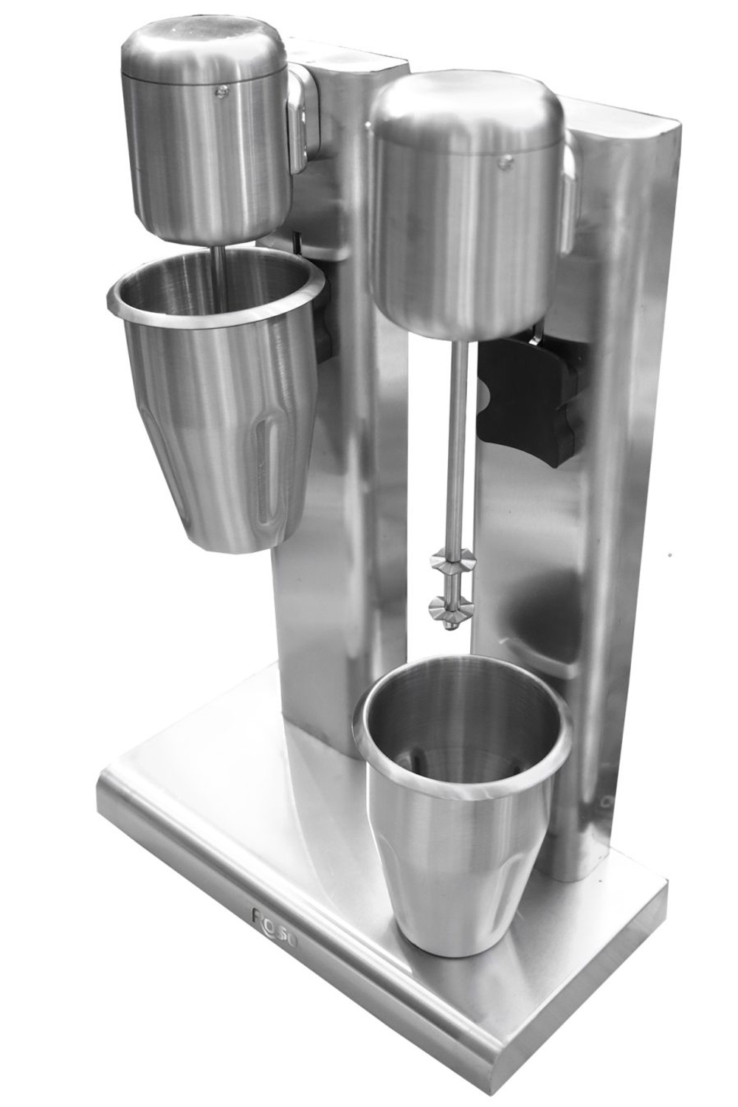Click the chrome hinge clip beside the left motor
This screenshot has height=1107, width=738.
299,118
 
